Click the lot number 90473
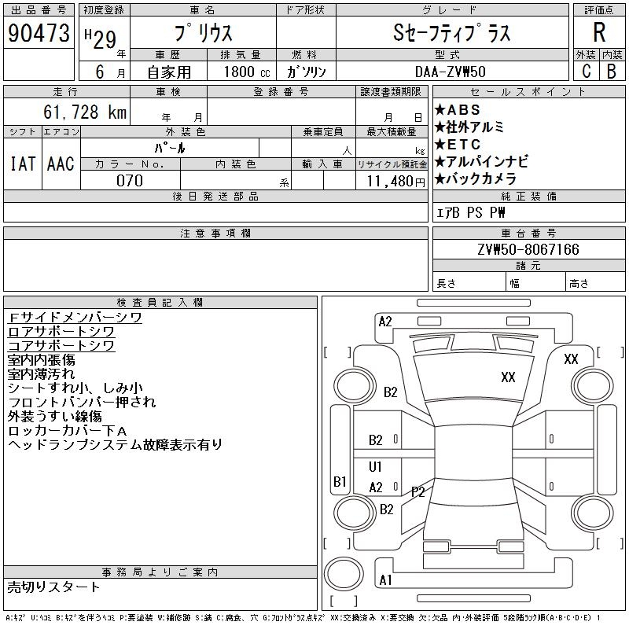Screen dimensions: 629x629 pyautogui.click(x=38, y=33)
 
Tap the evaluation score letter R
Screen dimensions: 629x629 pyautogui.click(x=599, y=32)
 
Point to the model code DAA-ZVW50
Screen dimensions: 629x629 pyautogui.click(x=451, y=72)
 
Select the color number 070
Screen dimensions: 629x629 pyautogui.click(x=130, y=181)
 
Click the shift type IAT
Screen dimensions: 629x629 pyautogui.click(x=22, y=164)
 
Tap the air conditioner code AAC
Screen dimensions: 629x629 pyautogui.click(x=61, y=164)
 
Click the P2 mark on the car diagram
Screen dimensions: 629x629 pyautogui.click(x=417, y=492)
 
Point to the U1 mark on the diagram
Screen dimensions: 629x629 pyautogui.click(x=375, y=467)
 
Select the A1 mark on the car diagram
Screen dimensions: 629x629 pyautogui.click(x=385, y=580)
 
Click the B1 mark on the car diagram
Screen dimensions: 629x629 pyautogui.click(x=340, y=481)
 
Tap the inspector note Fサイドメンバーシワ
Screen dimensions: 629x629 pyautogui.click(x=75, y=318)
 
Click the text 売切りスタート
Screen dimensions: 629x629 pyautogui.click(x=54, y=587)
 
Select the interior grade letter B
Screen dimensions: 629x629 pyautogui.click(x=611, y=72)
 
